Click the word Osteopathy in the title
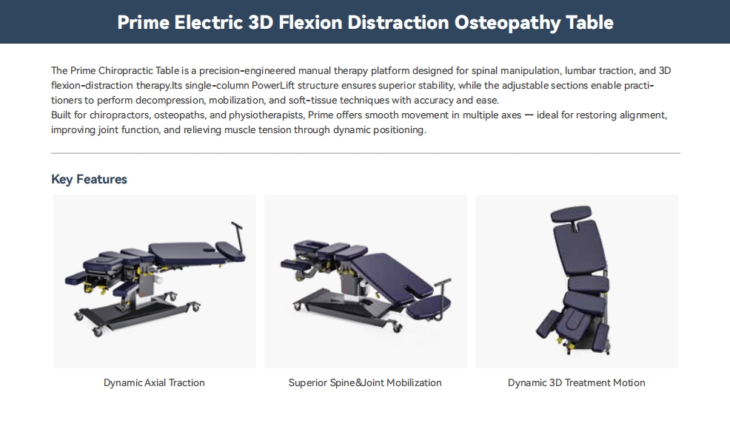click(x=507, y=22)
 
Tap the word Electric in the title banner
click(x=209, y=22)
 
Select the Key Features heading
click(x=89, y=179)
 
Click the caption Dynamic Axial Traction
click(x=154, y=383)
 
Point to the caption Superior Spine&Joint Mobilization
click(x=365, y=383)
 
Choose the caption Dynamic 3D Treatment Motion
click(x=576, y=383)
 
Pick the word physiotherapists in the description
click(x=265, y=115)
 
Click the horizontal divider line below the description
click(x=366, y=153)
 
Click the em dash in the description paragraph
click(x=529, y=115)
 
